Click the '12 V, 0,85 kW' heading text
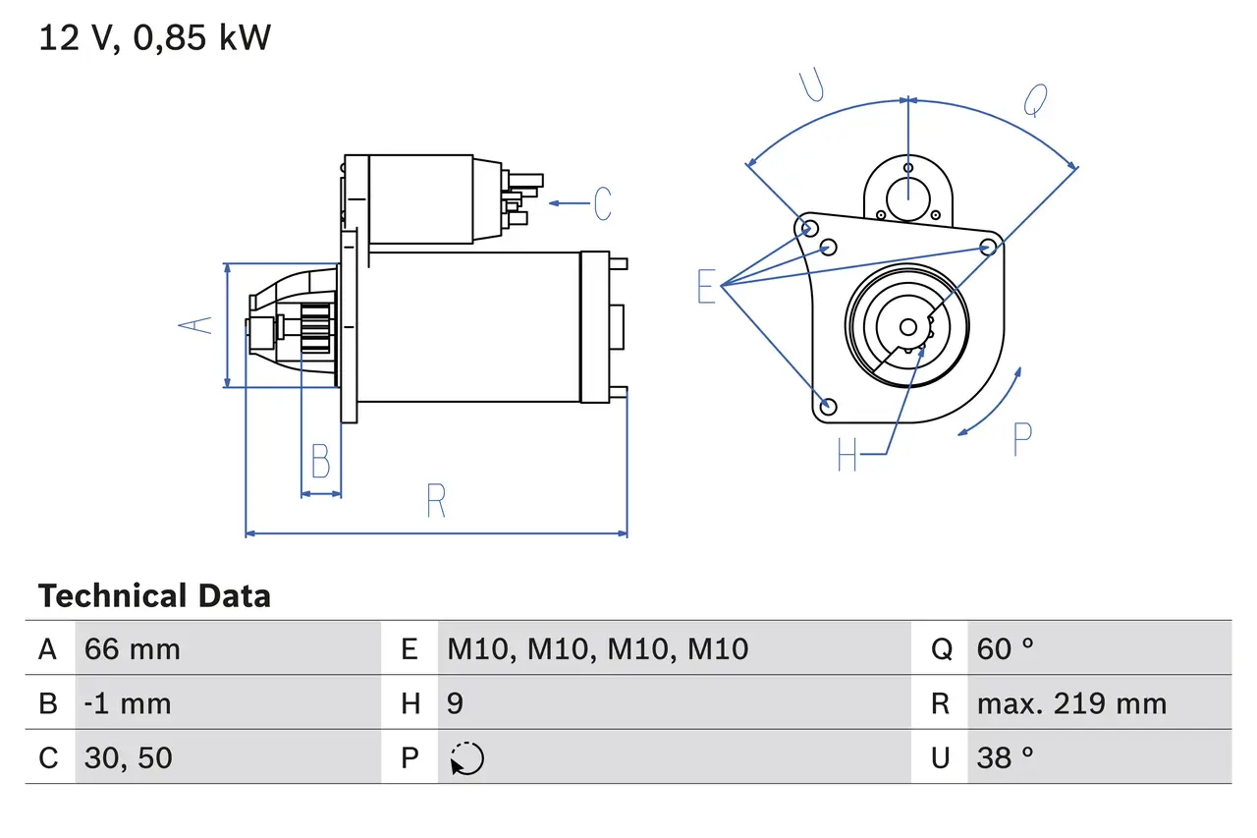pyautogui.click(x=154, y=38)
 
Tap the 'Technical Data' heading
pyautogui.click(x=154, y=596)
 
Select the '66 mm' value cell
pyautogui.click(x=133, y=648)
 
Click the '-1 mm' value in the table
pyautogui.click(x=128, y=703)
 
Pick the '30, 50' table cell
pyautogui.click(x=129, y=757)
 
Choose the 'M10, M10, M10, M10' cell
pyautogui.click(x=597, y=648)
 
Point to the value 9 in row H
pyautogui.click(x=455, y=703)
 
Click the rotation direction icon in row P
pyautogui.click(x=466, y=758)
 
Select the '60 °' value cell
pyautogui.click(x=1006, y=648)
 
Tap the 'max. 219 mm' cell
pyautogui.click(x=1071, y=703)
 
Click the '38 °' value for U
pyautogui.click(x=1006, y=757)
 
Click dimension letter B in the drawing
pyautogui.click(x=320, y=461)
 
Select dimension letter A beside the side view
pyautogui.click(x=199, y=324)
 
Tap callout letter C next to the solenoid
pyautogui.click(x=602, y=203)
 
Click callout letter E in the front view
pyautogui.click(x=707, y=287)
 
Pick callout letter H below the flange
pyautogui.click(x=847, y=454)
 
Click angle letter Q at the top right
pyautogui.click(x=1036, y=99)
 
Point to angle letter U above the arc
pyautogui.click(x=811, y=85)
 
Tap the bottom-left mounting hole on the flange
pyautogui.click(x=828, y=406)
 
